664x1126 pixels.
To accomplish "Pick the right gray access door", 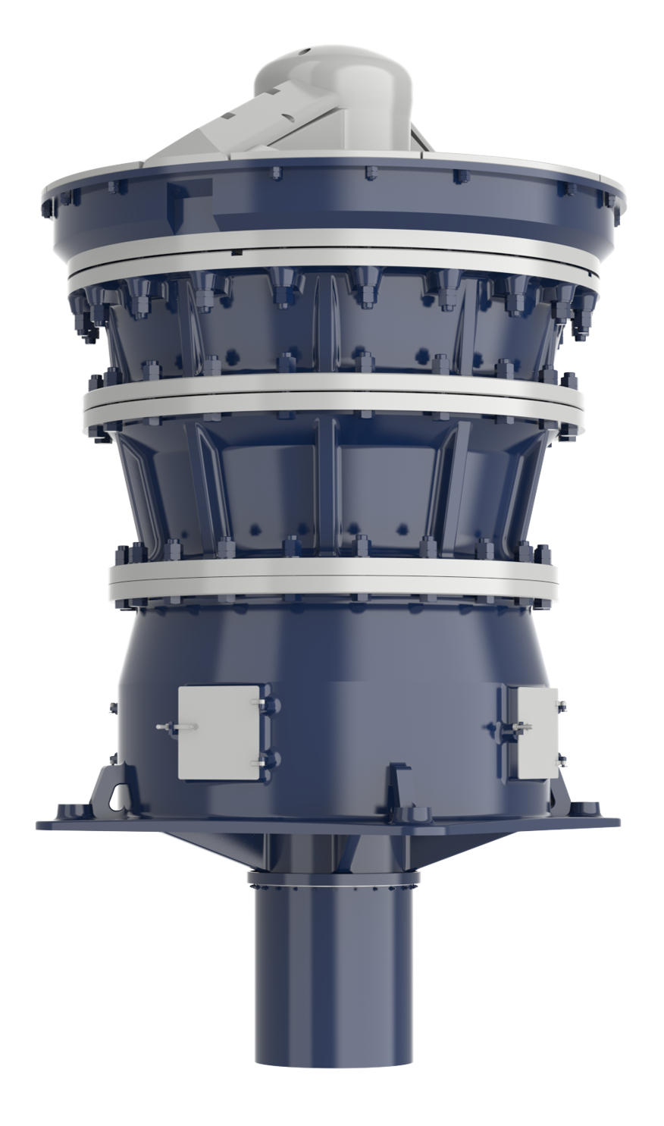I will [x=537, y=732].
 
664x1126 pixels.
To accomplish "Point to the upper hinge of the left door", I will [x=263, y=707].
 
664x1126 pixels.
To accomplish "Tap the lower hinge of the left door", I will [x=263, y=759].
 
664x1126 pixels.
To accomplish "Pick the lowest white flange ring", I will [x=334, y=580].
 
